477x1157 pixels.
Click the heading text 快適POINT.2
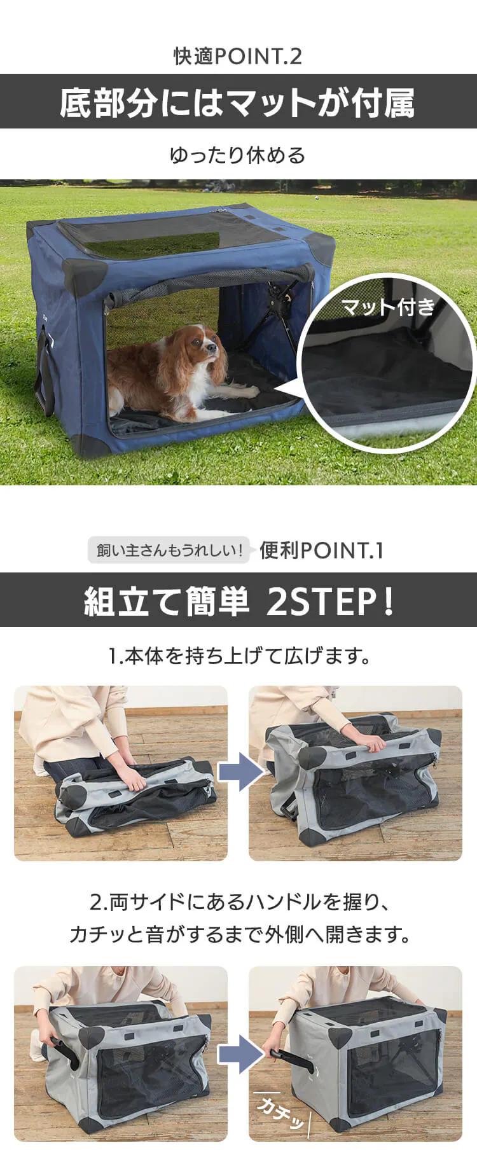click(x=238, y=57)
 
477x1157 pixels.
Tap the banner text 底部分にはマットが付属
click(x=238, y=102)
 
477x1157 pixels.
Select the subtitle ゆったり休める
click(x=238, y=155)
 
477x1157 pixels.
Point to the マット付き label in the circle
click(x=388, y=307)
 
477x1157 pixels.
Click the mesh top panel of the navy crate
click(x=172, y=232)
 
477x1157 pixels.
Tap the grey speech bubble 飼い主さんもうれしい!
click(x=169, y=550)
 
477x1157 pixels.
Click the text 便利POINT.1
click(x=321, y=550)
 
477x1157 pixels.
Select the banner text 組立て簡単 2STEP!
click(x=238, y=600)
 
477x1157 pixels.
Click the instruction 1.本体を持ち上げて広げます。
click(x=238, y=656)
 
